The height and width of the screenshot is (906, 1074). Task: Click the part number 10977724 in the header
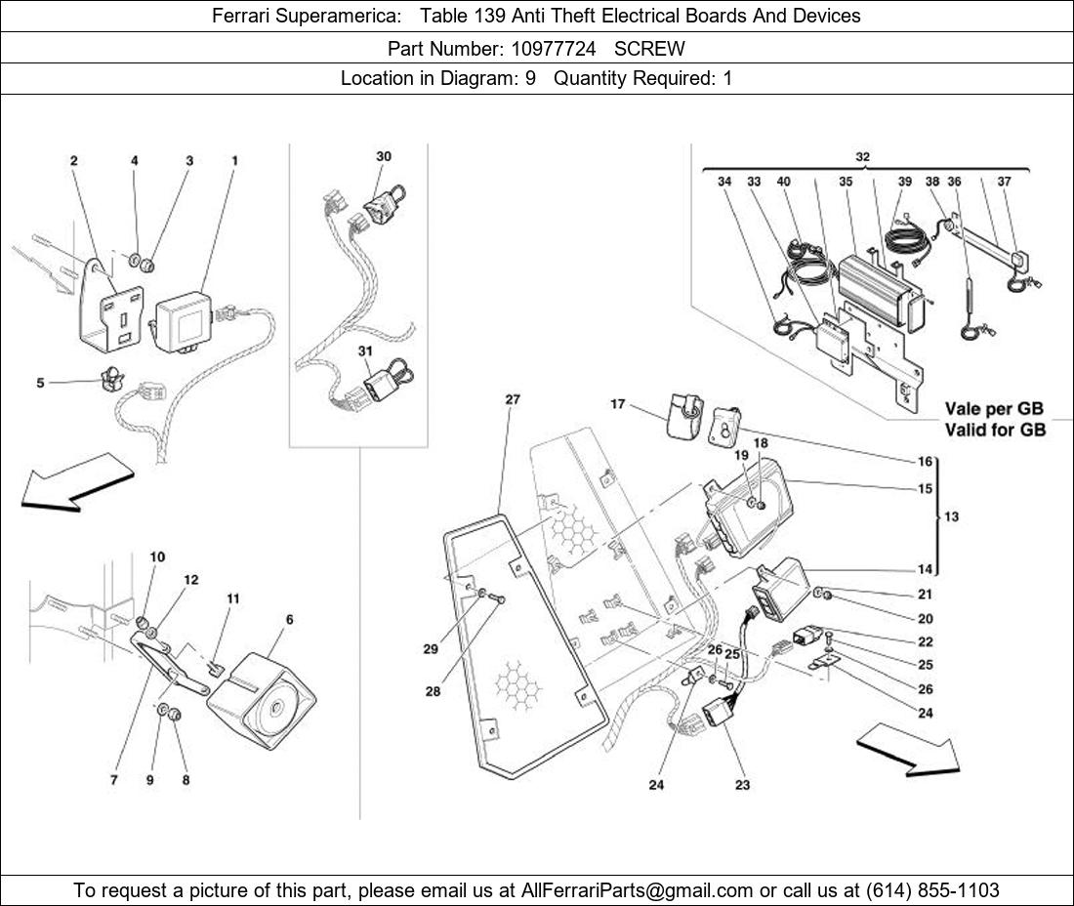(551, 48)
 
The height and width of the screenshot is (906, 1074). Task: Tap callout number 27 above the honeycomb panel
(513, 399)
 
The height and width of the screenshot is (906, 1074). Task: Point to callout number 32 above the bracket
(862, 156)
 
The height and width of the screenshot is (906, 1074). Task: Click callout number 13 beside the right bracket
(952, 516)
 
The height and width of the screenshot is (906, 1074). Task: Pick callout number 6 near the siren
(290, 620)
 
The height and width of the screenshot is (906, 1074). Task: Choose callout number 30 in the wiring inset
(384, 156)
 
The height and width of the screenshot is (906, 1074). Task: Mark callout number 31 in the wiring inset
(365, 350)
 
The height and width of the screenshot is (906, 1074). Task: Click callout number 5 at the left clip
(41, 383)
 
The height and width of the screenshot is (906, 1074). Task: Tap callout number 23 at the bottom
(742, 784)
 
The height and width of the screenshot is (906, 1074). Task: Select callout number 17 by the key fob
(618, 404)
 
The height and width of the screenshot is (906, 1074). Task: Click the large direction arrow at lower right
(909, 750)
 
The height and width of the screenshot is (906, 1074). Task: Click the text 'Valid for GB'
(994, 430)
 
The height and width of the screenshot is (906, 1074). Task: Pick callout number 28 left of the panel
(433, 691)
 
